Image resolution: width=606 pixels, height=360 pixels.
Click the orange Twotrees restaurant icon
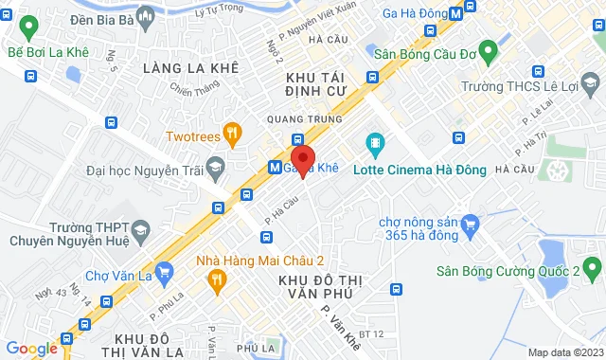tap(230, 135)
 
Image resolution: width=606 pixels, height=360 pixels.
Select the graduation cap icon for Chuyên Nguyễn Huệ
tap(141, 229)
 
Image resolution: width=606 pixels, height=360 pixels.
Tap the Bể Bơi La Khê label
tap(47, 52)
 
